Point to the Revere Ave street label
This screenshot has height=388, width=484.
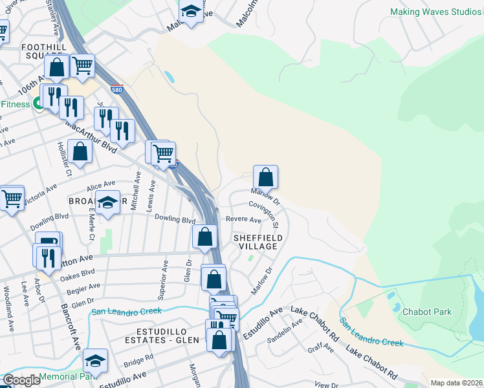(x=243, y=220)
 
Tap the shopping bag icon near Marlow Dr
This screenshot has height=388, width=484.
(x=265, y=177)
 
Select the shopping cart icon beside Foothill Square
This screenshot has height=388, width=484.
(x=82, y=65)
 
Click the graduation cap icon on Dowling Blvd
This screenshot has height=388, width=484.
(x=107, y=202)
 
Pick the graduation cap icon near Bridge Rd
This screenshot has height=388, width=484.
(x=95, y=360)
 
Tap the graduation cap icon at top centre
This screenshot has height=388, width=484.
(x=191, y=11)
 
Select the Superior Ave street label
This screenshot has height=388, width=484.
(x=164, y=281)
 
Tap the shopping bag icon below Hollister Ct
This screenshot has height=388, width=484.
(x=80, y=153)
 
